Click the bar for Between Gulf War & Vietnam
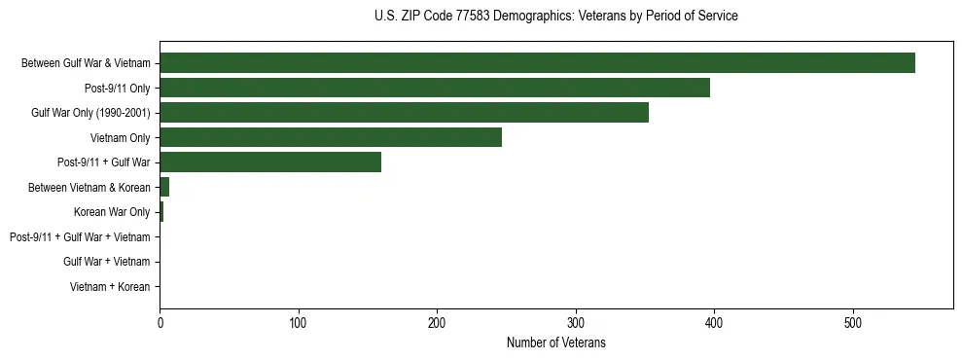point(537,63)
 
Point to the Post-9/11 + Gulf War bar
point(270,162)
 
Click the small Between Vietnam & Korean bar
point(164,187)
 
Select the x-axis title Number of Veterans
point(555,342)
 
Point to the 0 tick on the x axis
point(160,323)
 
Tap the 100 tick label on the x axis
point(299,323)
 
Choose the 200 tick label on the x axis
point(437,323)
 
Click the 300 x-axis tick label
point(576,323)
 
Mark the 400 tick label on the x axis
point(714,323)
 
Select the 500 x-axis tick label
point(853,323)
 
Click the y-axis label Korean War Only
point(112,212)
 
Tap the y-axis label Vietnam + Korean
point(110,287)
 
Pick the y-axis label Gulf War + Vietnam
point(106,262)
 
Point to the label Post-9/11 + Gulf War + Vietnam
point(80,237)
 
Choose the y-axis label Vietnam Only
point(120,138)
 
